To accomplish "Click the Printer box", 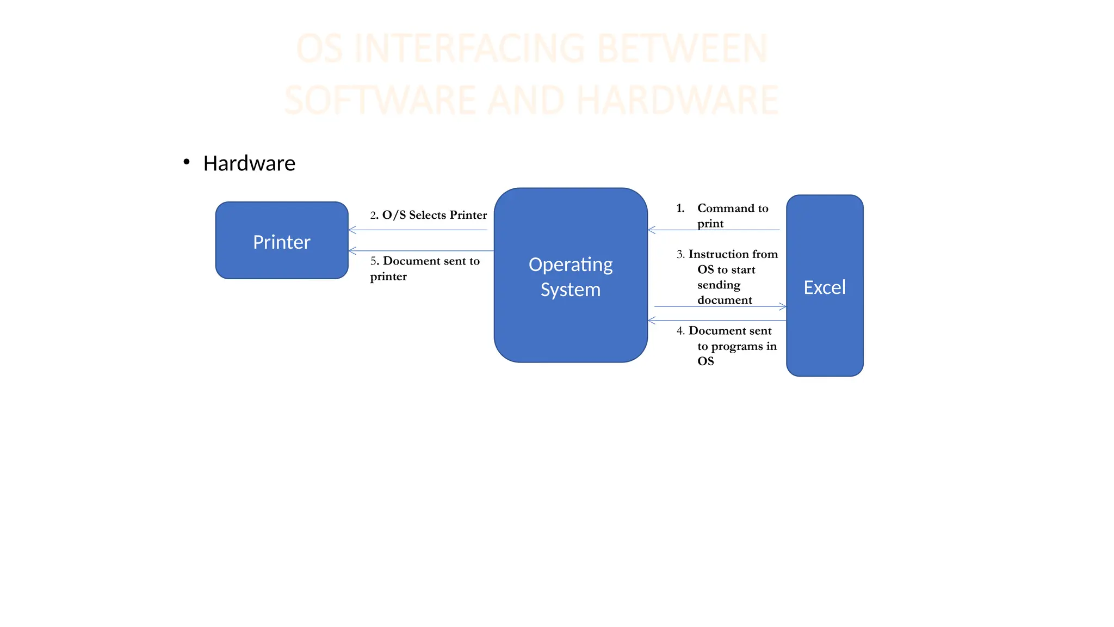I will click(282, 241).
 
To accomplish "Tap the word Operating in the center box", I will click(571, 265).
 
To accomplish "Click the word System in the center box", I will click(571, 290).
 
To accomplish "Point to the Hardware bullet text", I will click(249, 163).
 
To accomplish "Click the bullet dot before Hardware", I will click(187, 162).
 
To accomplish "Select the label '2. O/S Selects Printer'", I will click(429, 215).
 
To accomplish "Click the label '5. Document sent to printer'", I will click(425, 268).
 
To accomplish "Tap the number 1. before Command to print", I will click(680, 208).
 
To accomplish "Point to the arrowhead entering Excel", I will click(783, 307).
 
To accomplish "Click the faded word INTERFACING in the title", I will click(469, 48).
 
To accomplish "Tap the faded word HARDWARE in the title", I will click(677, 100).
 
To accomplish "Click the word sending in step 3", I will click(719, 285).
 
